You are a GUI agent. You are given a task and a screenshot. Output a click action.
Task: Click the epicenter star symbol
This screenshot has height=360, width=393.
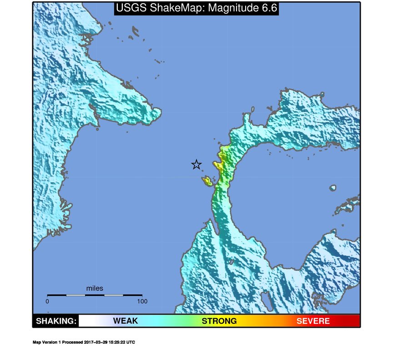196,165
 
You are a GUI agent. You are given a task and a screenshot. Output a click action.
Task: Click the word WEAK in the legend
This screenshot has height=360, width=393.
126,321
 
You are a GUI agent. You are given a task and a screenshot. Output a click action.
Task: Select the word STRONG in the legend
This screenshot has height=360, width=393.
219,321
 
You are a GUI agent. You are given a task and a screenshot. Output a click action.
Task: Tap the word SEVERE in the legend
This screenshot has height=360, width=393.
313,321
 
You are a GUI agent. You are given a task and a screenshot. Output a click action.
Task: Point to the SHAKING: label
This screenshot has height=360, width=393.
56,321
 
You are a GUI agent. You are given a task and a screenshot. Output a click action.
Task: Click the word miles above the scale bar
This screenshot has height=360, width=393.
95,288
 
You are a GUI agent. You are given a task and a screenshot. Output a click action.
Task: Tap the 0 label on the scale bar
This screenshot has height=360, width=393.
47,301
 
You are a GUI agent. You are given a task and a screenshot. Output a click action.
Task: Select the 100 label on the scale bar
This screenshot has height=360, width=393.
142,301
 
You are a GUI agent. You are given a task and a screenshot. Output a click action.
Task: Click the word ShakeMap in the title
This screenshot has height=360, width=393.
161,8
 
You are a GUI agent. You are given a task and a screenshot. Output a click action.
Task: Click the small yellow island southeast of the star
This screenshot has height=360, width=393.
207,181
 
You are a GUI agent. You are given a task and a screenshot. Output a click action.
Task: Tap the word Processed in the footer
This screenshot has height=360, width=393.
72,342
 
